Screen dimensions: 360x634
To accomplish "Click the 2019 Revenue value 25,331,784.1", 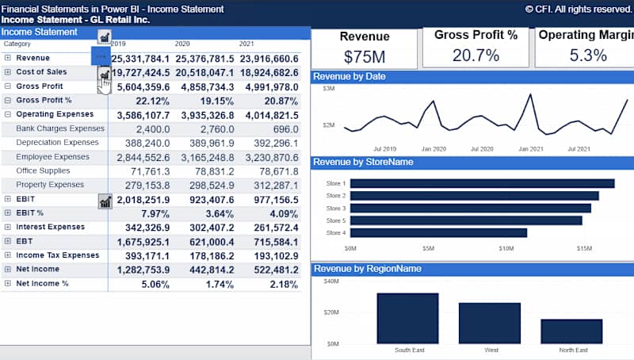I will tap(140, 59).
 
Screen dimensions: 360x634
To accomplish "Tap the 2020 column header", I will tap(181, 44).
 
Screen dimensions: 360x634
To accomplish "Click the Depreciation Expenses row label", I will tap(57, 143).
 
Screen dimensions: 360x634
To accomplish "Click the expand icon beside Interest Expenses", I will tap(8, 227).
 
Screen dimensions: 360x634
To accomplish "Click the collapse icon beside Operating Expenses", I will tap(8, 114).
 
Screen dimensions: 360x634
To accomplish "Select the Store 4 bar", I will tap(438, 232).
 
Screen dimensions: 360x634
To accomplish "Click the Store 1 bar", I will tap(482, 183).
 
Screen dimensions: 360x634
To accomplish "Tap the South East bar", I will tap(407, 318).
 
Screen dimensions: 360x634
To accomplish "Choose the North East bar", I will tap(571, 331).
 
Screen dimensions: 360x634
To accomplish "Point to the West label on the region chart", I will tap(490, 350).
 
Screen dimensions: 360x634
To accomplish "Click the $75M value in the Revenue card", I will tap(364, 56).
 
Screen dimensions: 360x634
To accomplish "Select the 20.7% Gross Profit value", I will tap(475, 55).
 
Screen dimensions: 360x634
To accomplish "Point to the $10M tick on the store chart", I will tap(506, 248).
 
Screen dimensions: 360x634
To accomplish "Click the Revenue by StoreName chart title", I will tap(363, 163).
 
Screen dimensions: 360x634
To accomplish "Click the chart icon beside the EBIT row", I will tap(105, 201).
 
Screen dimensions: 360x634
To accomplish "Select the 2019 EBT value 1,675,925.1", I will tap(140, 241).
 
